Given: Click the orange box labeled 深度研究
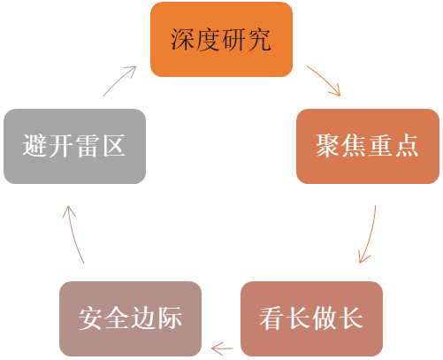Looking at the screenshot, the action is click(x=221, y=40).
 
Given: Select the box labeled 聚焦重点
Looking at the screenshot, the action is click(x=368, y=146).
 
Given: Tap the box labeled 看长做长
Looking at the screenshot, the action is click(x=311, y=318).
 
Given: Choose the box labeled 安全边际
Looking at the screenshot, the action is click(x=130, y=318).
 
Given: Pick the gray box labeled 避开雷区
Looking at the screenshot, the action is click(x=74, y=146).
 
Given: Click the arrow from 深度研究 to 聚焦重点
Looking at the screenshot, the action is click(x=325, y=79).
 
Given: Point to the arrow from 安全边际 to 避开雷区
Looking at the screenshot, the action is click(x=73, y=234).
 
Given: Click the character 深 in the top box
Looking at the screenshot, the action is click(x=182, y=40).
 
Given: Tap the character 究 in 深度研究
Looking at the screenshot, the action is click(x=259, y=40).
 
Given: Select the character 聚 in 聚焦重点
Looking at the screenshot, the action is click(x=328, y=145).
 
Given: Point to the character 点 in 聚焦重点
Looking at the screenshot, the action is click(x=407, y=145).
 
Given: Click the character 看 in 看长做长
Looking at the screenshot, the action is click(x=271, y=318).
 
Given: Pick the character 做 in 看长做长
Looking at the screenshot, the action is click(x=325, y=318).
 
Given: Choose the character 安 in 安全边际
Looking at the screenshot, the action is click(x=90, y=318).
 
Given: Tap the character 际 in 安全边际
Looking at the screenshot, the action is click(x=170, y=318).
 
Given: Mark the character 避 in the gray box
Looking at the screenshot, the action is click(x=34, y=145).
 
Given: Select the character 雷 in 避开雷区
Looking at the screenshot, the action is click(x=88, y=145).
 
